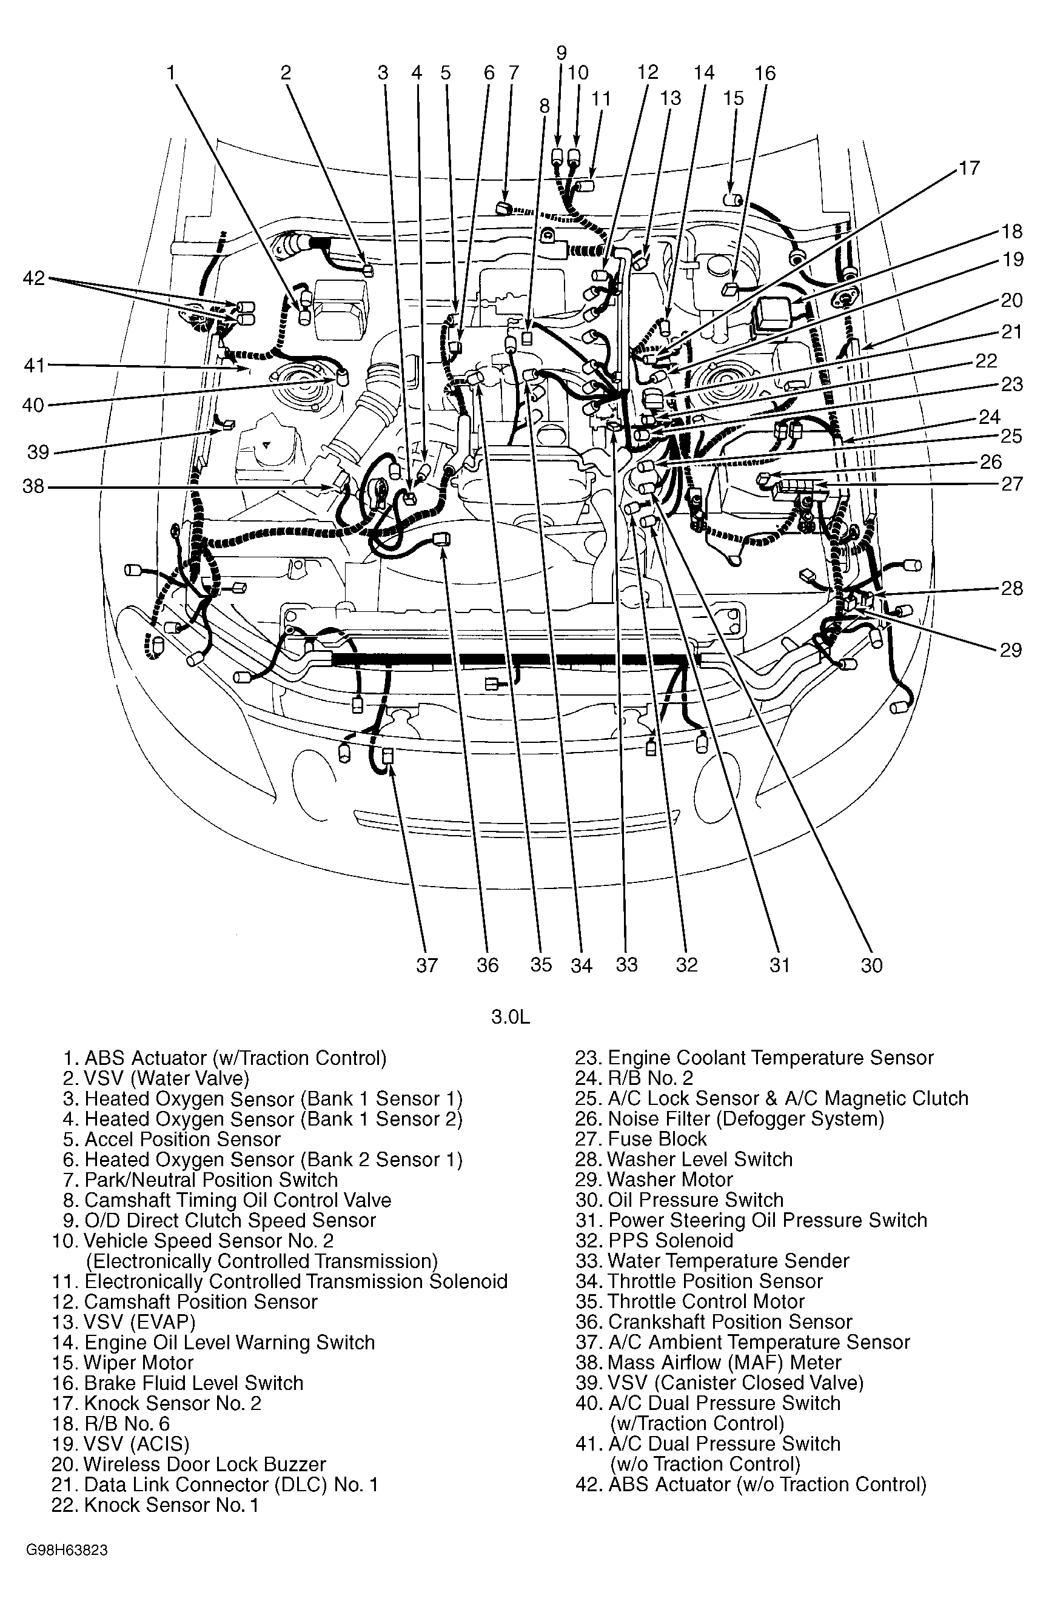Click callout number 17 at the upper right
point(970,167)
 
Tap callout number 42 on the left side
point(33,278)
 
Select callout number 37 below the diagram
point(427,965)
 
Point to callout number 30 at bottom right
point(871,965)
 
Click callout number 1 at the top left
point(171,73)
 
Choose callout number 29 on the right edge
point(1010,650)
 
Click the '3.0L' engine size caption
point(511,1016)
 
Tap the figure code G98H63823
point(67,1565)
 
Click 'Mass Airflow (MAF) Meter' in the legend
point(708,1362)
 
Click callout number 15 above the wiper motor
point(733,98)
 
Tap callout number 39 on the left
point(38,451)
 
